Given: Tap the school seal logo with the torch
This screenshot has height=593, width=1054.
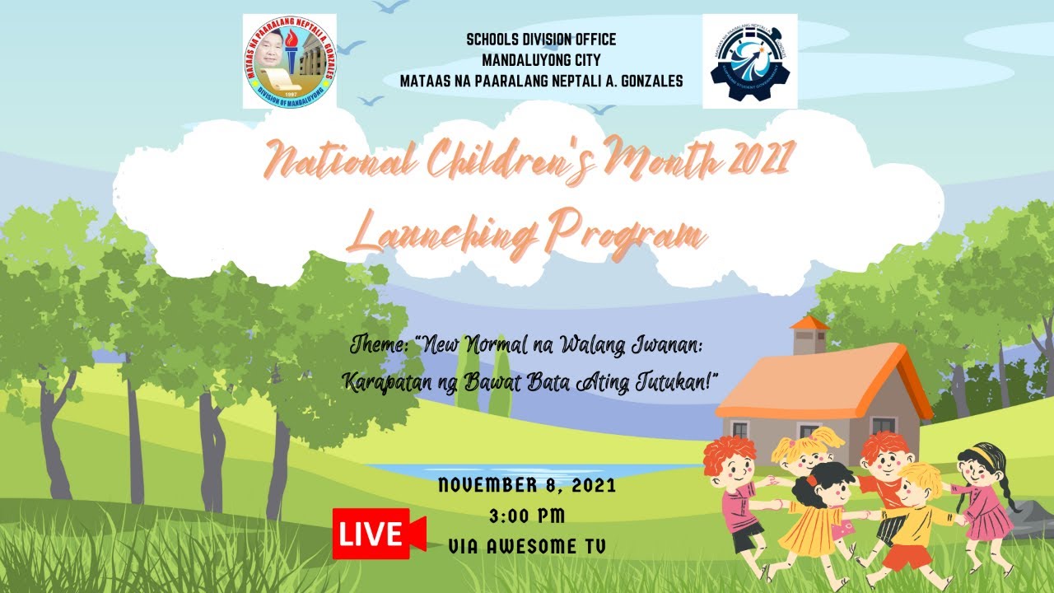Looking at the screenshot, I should pyautogui.click(x=289, y=61).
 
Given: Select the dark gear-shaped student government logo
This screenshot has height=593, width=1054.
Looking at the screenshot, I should pyautogui.click(x=749, y=61).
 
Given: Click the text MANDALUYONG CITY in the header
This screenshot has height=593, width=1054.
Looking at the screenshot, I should pyautogui.click(x=541, y=59).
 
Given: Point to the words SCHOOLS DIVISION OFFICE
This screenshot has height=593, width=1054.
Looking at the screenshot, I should pyautogui.click(x=541, y=40).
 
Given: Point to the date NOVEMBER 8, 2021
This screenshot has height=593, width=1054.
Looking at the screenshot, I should pyautogui.click(x=527, y=486).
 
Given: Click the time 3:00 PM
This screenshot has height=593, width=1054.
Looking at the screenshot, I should pyautogui.click(x=527, y=516).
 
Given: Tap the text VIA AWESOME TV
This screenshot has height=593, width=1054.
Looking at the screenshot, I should pyautogui.click(x=527, y=546).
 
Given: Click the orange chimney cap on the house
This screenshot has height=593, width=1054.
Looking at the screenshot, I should pyautogui.click(x=810, y=323).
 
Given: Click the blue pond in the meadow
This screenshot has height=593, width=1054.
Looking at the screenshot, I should pyautogui.click(x=527, y=469).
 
